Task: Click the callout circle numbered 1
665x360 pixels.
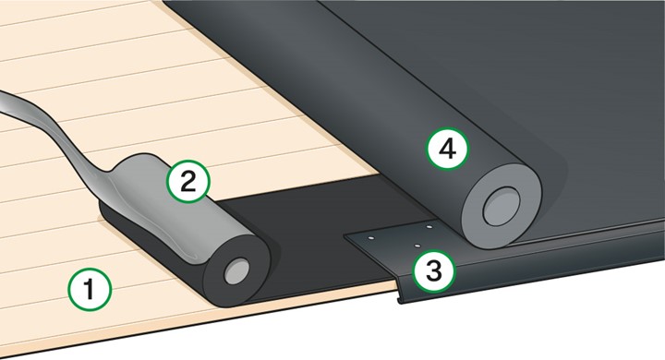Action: [x=90, y=291]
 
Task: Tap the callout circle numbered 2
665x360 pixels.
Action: [x=187, y=180]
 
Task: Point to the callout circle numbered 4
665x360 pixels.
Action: [x=447, y=150]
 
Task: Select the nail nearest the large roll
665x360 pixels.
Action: [x=430, y=225]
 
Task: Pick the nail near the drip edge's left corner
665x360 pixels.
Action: [x=369, y=238]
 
